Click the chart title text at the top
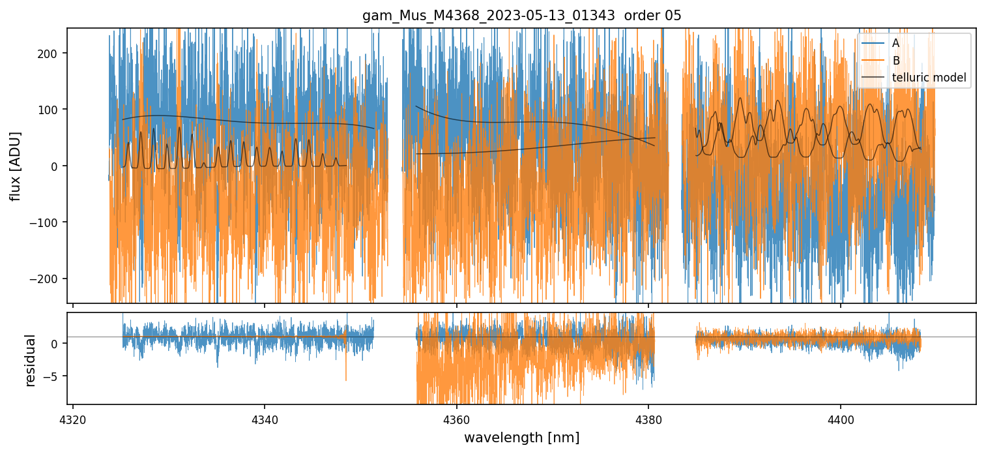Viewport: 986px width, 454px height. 521,16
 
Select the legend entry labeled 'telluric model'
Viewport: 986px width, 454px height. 929,78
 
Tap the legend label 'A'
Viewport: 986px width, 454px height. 896,43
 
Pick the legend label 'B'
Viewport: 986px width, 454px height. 896,61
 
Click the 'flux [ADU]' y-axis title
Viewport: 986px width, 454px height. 14,166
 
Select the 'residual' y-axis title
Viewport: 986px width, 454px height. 30,360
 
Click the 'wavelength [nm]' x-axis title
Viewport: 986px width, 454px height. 521,437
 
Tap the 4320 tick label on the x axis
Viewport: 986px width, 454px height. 72,417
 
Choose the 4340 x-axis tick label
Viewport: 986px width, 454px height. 264,417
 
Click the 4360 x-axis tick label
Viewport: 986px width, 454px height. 456,417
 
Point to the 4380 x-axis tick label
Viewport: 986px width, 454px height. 648,417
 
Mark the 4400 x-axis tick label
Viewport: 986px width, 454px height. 840,417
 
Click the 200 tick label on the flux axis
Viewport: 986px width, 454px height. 51,53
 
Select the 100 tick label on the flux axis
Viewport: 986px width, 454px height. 51,110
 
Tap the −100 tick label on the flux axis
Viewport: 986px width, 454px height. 48,222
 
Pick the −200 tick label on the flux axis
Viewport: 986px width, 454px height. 48,279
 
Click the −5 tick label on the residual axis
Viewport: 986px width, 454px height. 54,376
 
